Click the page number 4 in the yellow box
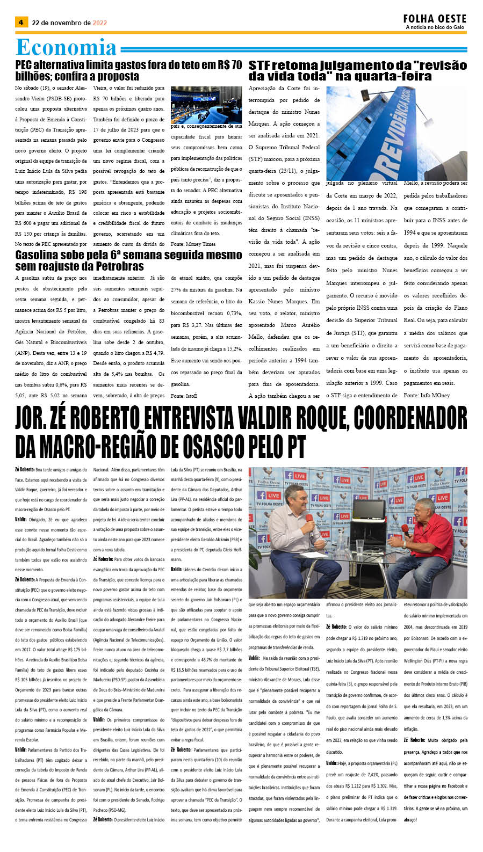point(21,23)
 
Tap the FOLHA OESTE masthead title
point(435,19)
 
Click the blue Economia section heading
point(66,48)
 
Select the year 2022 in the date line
point(100,23)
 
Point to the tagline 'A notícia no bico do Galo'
point(435,27)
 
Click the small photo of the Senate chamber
point(206,105)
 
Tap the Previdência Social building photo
point(397,133)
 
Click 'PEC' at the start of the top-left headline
point(24,65)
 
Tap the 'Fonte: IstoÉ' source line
point(184,396)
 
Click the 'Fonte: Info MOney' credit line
point(427,395)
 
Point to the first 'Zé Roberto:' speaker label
point(25,470)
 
